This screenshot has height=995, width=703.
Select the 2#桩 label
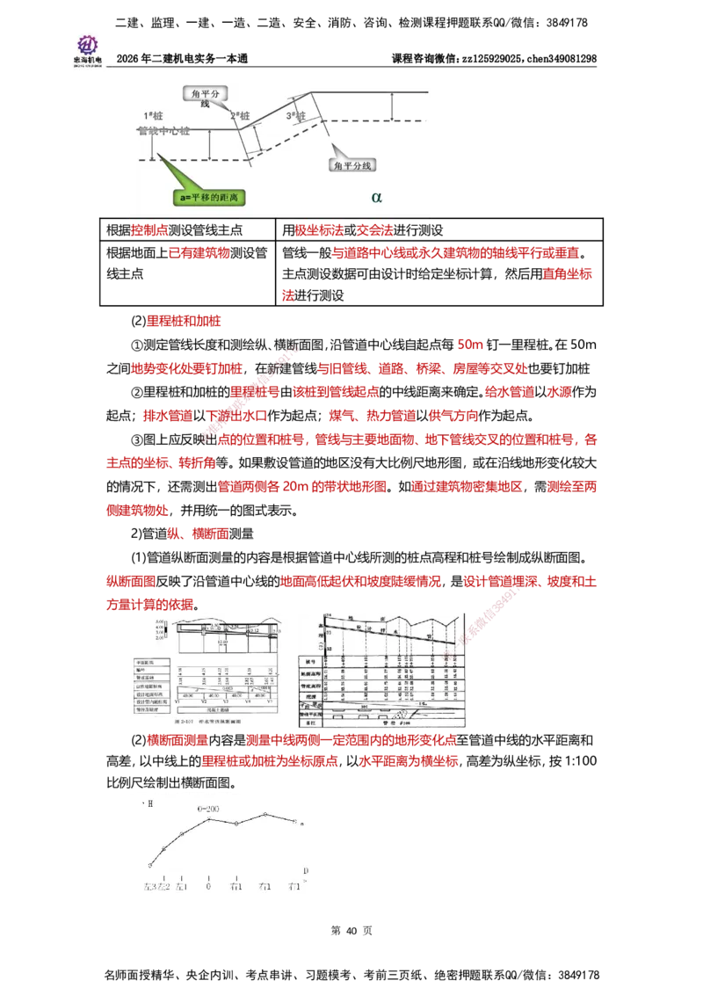(240, 116)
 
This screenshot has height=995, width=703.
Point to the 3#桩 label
(295, 116)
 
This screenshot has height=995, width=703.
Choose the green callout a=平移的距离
(210, 198)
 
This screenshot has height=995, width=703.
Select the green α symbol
(377, 197)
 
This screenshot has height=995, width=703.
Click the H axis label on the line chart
(149, 803)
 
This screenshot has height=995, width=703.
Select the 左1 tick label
(182, 886)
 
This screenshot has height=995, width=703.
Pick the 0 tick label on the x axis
(209, 886)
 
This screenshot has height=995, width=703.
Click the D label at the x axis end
(305, 870)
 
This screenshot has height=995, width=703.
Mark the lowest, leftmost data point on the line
(150, 865)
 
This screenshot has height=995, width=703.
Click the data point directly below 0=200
(209, 819)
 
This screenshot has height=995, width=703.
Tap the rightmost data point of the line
(295, 821)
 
